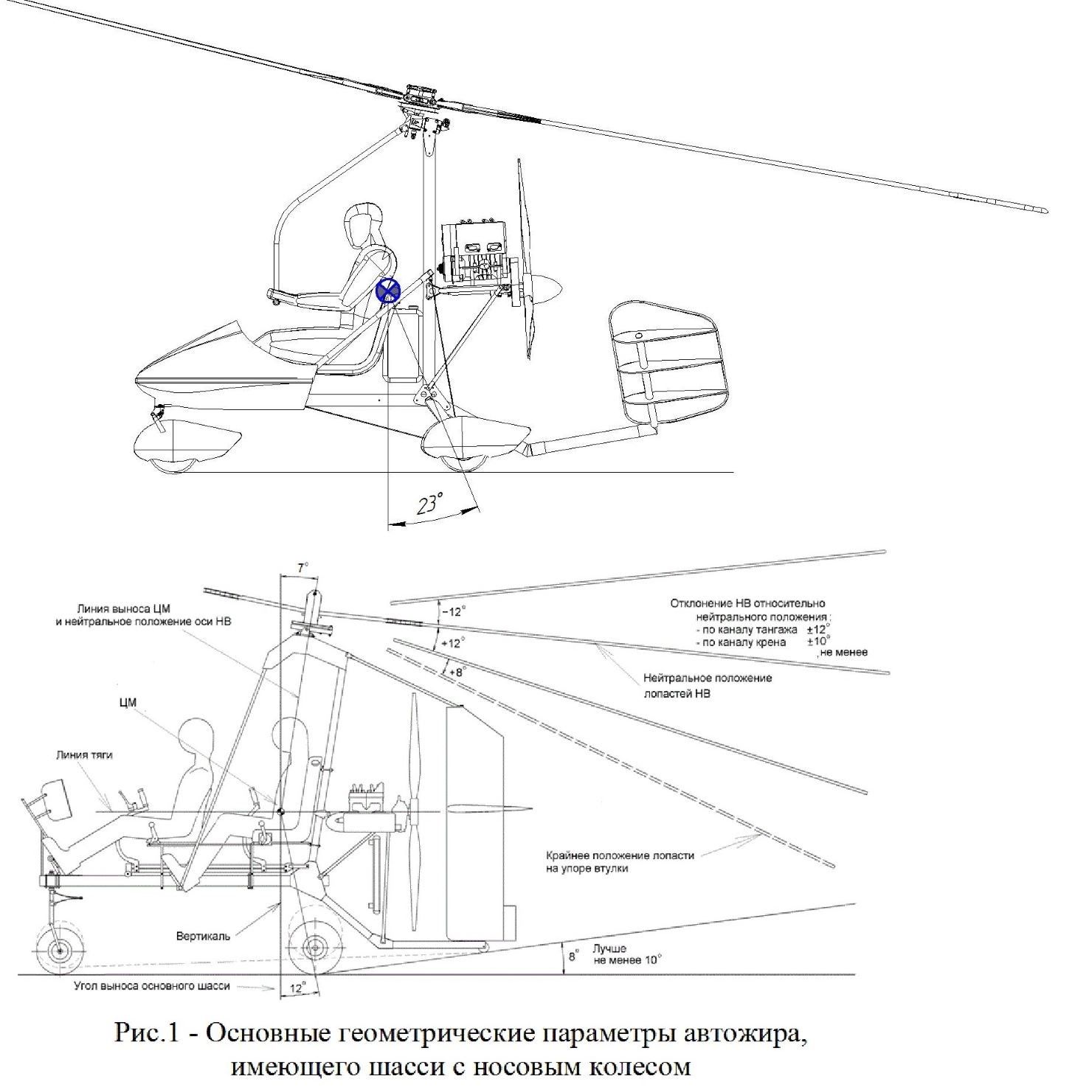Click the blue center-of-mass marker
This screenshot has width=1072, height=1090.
[x=388, y=291]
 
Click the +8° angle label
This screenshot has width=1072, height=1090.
[x=459, y=672]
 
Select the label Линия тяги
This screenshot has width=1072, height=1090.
[x=85, y=755]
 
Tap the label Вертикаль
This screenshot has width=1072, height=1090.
[x=203, y=936]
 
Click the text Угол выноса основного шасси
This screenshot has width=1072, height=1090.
[x=152, y=985]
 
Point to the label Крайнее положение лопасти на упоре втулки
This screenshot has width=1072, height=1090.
[x=620, y=862]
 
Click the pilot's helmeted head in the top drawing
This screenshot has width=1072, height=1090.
[x=362, y=224]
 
